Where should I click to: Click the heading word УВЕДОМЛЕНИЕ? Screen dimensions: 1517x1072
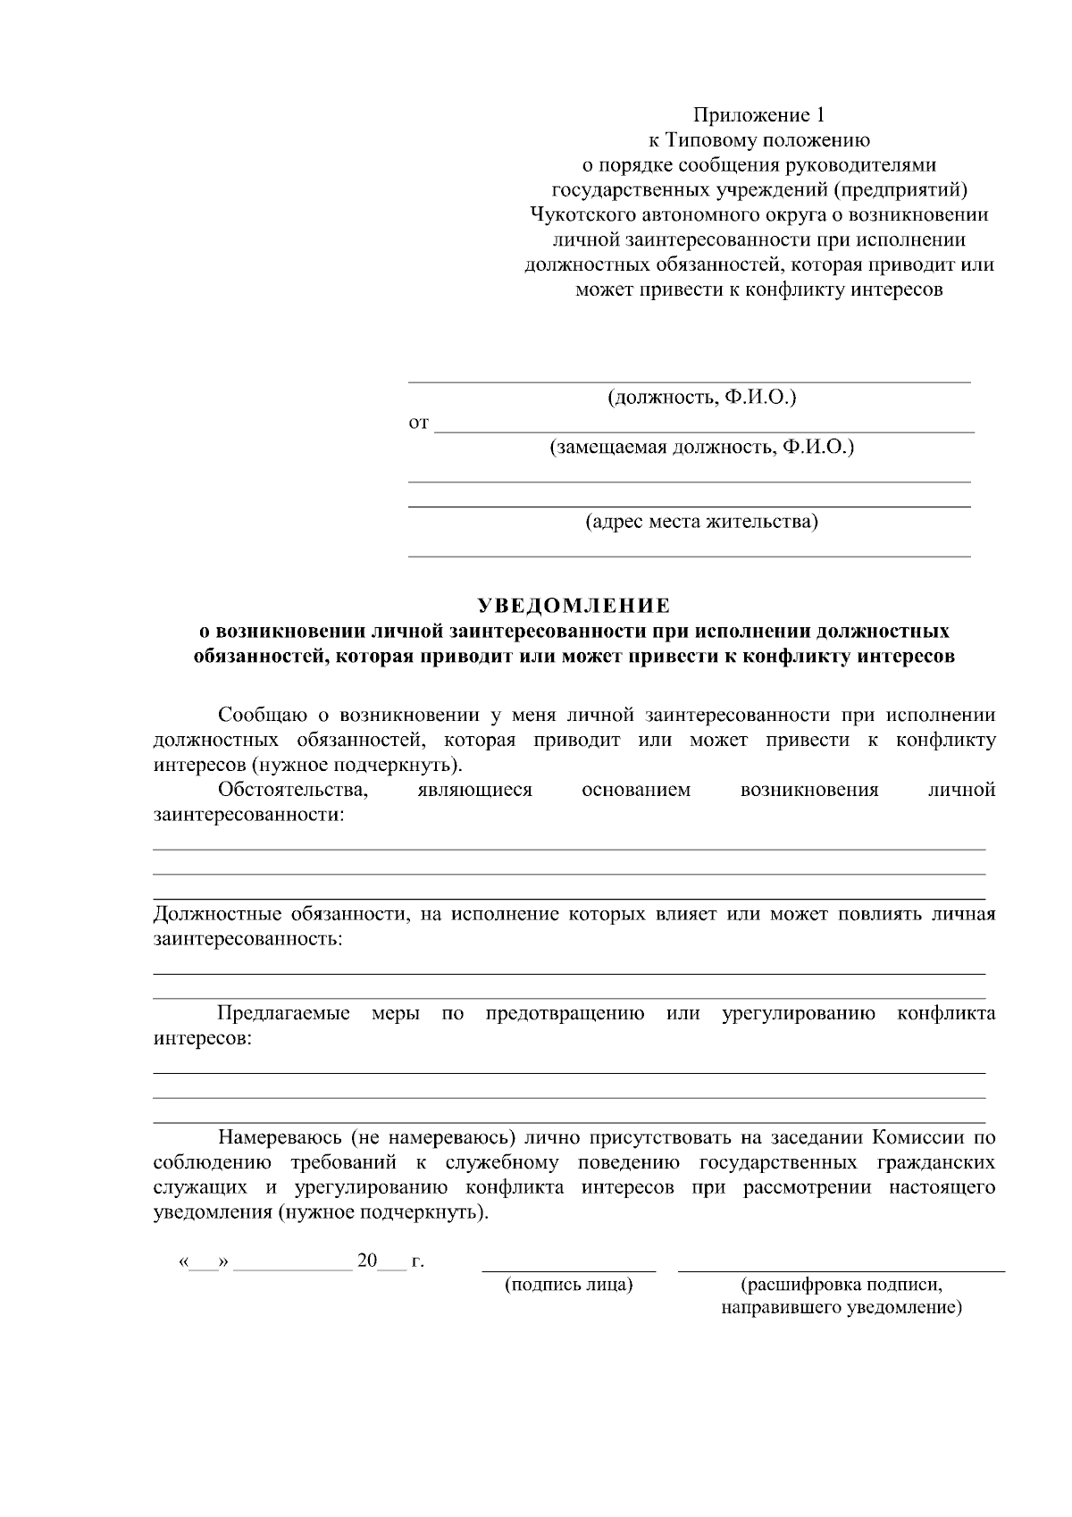[x=574, y=607]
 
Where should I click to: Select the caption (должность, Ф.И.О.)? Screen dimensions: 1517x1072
[x=701, y=397]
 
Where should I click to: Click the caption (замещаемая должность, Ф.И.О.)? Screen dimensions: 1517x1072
[x=701, y=447]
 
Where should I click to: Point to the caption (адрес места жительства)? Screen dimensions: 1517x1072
[x=701, y=521]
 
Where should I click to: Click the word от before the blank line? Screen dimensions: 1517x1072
[x=418, y=423]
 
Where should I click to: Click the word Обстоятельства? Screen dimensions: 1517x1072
[x=293, y=790]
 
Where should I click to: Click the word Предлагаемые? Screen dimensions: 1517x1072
[x=283, y=1014]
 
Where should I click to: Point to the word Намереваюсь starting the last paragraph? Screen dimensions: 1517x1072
[x=278, y=1138]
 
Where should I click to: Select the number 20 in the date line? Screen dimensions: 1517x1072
[x=366, y=1261]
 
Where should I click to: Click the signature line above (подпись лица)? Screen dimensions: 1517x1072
[x=569, y=1270]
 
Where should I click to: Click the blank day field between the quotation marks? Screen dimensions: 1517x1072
[x=205, y=1263]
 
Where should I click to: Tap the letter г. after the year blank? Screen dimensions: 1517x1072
[x=416, y=1261]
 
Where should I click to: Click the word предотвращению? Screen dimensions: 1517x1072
[x=565, y=1014]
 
